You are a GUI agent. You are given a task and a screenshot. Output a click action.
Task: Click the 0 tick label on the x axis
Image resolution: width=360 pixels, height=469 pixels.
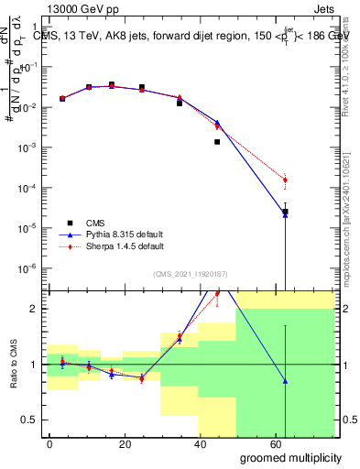pyautogui.click(x=49, y=443)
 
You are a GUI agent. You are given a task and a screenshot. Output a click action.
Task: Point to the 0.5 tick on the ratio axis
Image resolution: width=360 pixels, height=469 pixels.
pyautogui.click(x=27, y=420)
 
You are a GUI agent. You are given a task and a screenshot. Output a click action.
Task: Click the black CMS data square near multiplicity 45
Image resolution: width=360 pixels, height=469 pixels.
pyautogui.click(x=217, y=142)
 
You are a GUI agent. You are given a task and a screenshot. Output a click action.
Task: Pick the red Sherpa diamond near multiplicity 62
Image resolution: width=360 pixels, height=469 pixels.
pyautogui.click(x=285, y=180)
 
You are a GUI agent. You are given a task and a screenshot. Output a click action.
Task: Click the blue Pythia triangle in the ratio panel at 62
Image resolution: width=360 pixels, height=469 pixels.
pyautogui.click(x=285, y=381)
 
